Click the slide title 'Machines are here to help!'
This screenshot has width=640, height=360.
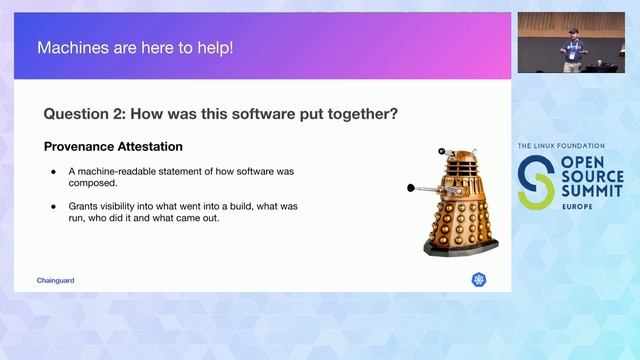pos(134,47)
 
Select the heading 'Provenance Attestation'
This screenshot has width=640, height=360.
pos(113,147)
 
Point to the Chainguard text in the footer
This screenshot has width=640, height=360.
pos(55,280)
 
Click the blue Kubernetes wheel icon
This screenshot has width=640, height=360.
pos(478,280)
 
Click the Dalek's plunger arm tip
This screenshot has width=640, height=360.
pos(412,188)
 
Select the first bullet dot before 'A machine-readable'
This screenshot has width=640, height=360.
pos(54,172)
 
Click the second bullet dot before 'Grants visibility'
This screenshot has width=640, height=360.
pos(54,206)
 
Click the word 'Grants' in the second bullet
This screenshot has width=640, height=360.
pos(85,206)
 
